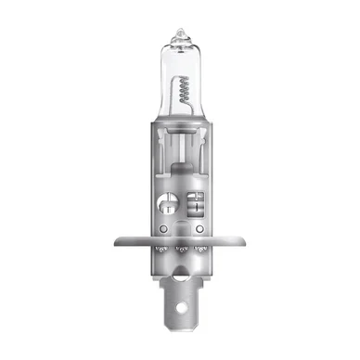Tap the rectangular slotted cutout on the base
click(198, 202)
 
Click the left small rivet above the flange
click(163, 227)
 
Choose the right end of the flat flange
click(248, 243)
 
